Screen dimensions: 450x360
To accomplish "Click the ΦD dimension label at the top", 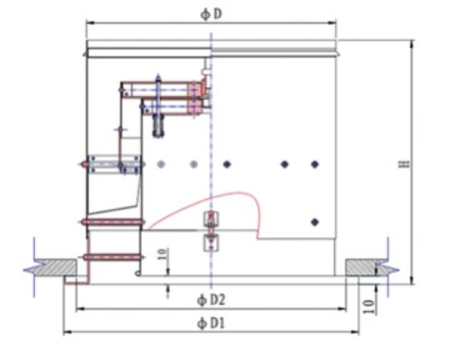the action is point(211,13).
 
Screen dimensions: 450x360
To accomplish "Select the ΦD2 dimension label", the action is point(211,300).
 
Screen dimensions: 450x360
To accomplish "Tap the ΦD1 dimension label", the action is point(211,323).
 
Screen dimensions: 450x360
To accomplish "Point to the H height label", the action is point(405,164).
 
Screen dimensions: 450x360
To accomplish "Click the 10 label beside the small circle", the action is point(162,255).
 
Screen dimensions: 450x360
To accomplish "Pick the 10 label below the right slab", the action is point(369,307).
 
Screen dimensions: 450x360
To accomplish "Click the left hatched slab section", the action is point(56,267).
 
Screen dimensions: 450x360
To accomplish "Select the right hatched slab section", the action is point(364,267).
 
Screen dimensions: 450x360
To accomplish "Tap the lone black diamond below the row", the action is point(315,222).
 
